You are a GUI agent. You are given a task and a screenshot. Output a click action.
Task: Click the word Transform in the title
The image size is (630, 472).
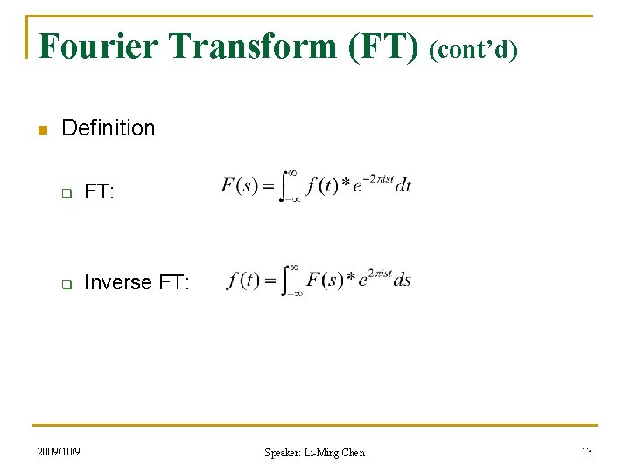(246, 45)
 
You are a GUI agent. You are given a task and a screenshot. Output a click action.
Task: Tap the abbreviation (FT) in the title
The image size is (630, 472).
(384, 45)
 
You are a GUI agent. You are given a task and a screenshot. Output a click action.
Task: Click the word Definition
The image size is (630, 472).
(108, 128)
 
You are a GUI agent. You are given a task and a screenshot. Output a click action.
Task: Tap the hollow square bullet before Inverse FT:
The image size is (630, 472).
(65, 283)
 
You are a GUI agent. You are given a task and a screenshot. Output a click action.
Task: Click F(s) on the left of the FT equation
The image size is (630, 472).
(239, 186)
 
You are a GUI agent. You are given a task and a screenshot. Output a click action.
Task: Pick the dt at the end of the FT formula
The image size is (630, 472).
(402, 185)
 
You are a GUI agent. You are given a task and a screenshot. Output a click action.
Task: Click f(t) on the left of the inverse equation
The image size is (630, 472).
(243, 281)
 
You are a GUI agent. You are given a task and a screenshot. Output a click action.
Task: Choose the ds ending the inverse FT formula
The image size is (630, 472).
(402, 281)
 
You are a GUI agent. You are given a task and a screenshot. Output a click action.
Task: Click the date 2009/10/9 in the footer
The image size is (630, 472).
(59, 451)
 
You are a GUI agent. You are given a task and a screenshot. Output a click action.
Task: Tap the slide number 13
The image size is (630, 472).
(585, 451)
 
